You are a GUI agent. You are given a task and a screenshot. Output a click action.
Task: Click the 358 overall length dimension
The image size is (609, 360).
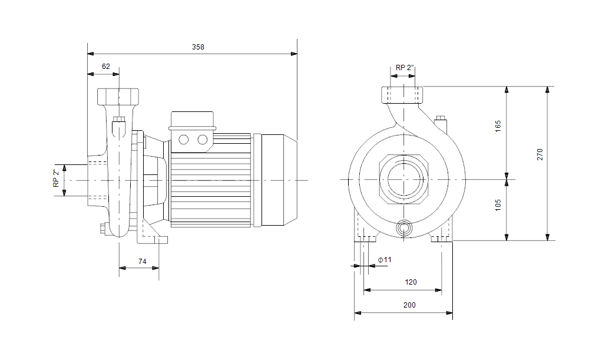198,47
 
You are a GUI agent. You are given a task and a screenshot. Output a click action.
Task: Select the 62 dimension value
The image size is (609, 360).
106,67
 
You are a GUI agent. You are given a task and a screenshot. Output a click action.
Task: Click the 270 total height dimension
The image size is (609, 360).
540,154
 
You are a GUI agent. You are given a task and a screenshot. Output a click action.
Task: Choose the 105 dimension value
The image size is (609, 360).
498,204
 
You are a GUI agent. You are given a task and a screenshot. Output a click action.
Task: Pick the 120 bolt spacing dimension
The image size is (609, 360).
411,282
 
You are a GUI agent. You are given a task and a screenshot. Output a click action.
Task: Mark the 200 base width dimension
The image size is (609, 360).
410,305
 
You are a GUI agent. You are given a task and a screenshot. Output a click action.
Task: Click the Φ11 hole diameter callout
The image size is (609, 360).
385,260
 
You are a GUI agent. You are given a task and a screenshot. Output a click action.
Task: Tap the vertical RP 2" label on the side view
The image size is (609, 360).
57,179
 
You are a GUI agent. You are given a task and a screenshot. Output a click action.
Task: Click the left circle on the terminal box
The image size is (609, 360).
183,140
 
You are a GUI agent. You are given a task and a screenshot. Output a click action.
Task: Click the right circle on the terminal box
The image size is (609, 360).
203,140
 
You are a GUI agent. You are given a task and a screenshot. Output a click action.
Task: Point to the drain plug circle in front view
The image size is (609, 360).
404,228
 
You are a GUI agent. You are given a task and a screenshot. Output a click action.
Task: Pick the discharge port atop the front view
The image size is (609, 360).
403,94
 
